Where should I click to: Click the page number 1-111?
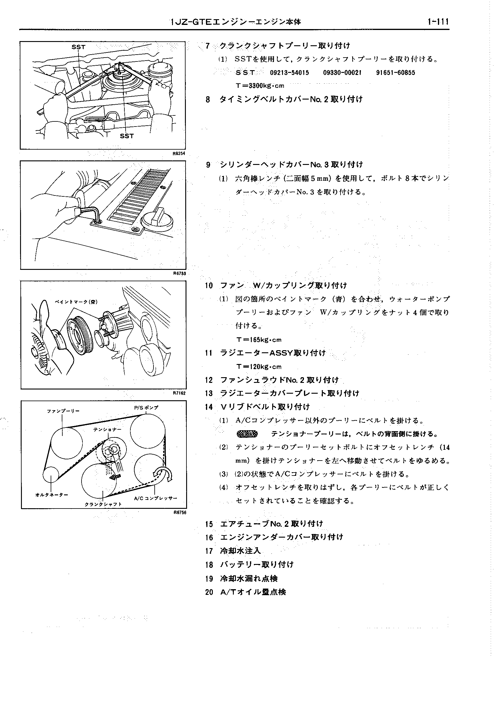pos(438,22)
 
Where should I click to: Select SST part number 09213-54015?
pos(289,73)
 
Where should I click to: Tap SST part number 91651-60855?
pos(395,73)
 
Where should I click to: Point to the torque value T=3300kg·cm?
pos(260,86)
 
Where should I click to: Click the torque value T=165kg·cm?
pos(259,340)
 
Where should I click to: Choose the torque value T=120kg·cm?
pos(259,367)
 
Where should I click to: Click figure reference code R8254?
pos(179,154)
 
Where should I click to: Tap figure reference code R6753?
pos(179,273)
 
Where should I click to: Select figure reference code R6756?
pos(180,512)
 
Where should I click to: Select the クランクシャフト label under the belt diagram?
pos(103,504)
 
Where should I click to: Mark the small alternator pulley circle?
pos(51,475)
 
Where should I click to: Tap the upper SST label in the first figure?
pos(78,47)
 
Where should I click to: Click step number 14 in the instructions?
pos(209,407)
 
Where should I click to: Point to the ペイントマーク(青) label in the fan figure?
pos(76,302)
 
